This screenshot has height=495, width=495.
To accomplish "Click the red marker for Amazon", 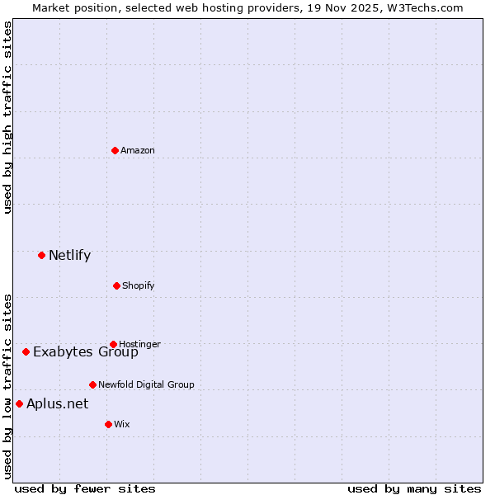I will coord(115,150).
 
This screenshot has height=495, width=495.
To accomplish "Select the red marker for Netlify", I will coord(41,255).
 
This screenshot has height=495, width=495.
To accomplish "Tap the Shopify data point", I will coord(116,285).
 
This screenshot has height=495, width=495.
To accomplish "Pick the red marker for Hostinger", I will coord(113,344).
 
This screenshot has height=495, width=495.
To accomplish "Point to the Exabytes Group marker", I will coord(26,351).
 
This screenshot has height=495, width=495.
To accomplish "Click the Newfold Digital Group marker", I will coord(92,384).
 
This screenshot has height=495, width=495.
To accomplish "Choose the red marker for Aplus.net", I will coord(19,403).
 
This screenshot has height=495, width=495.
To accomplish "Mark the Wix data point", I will coord(108,424).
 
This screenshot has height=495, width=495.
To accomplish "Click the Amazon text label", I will coord(138,150).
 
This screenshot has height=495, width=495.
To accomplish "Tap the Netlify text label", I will coord(69,255).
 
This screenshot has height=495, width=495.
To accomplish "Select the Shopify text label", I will coord(139,285).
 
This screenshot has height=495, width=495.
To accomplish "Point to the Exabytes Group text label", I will coord(86,352).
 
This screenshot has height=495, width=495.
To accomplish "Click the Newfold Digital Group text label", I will coord(146,384).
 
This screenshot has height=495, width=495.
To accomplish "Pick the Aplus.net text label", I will coord(57,403).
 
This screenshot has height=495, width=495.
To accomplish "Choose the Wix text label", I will coord(122,424).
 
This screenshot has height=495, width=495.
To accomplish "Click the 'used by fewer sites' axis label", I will coord(85,488).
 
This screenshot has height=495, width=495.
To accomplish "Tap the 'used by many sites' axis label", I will coord(414,488).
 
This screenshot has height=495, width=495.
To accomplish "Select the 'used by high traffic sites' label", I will coord(8,117).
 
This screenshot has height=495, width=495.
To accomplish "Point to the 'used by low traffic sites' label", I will coord(8,386).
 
